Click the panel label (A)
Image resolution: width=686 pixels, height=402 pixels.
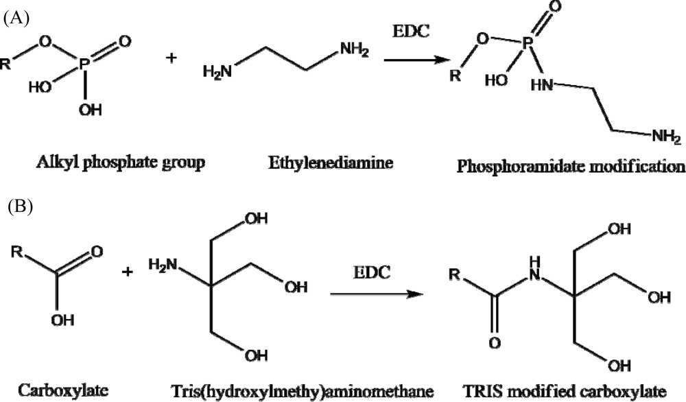point(16,19)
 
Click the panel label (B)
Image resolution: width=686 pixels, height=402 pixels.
point(16,206)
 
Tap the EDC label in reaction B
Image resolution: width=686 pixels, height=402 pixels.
point(370,272)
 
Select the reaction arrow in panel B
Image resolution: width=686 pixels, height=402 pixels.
point(374,294)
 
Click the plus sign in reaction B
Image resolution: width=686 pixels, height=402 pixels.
point(127,273)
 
